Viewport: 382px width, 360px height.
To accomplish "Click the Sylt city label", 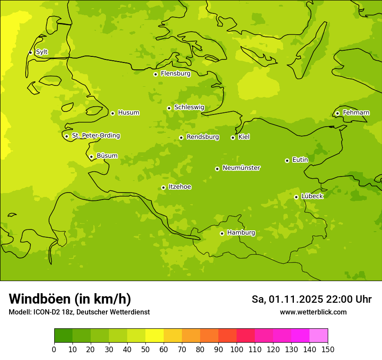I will pyautogui.click(x=42, y=52).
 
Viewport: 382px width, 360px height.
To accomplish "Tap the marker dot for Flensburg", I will pyautogui.click(x=155, y=74).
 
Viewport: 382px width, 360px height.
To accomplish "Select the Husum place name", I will pyautogui.click(x=128, y=113).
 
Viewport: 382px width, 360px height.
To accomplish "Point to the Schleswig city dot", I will pyautogui.click(x=169, y=108).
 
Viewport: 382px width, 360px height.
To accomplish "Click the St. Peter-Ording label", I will pyautogui.click(x=96, y=136).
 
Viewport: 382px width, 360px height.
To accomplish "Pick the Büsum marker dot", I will pyautogui.click(x=91, y=157).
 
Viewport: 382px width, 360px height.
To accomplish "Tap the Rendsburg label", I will pyautogui.click(x=203, y=137).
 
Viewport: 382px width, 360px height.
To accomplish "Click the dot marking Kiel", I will pyautogui.click(x=233, y=137).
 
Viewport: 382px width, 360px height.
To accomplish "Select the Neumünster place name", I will pyautogui.click(x=241, y=168).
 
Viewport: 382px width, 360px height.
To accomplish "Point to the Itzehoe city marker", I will pyautogui.click(x=163, y=187).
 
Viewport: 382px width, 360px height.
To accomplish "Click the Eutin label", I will pyautogui.click(x=300, y=160).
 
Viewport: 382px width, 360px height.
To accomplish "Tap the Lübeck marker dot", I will pyautogui.click(x=296, y=197).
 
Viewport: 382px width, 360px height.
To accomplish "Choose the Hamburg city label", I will pyautogui.click(x=241, y=233).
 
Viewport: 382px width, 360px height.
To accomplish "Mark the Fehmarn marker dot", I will pyautogui.click(x=337, y=113).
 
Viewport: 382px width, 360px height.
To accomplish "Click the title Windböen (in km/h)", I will pyautogui.click(x=70, y=299).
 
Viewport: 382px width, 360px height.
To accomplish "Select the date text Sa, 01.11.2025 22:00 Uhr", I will pyautogui.click(x=311, y=299).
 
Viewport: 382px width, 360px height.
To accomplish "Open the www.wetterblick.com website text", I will pyautogui.click(x=313, y=312).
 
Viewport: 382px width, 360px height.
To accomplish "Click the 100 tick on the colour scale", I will pyautogui.click(x=237, y=350).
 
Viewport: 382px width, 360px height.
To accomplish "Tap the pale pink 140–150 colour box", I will pyautogui.click(x=319, y=336).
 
